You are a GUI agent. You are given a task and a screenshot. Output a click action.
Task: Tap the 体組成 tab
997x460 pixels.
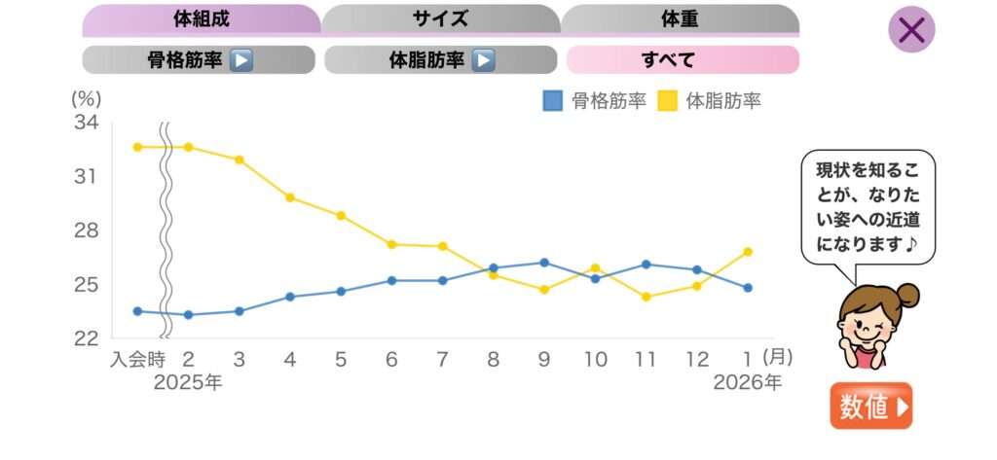tap(201, 18)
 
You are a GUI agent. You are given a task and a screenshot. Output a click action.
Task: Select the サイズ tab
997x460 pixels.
tap(440, 18)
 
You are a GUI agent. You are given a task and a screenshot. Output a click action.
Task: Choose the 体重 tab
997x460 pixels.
tap(680, 18)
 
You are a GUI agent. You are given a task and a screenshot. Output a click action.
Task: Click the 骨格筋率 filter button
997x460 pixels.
tap(199, 60)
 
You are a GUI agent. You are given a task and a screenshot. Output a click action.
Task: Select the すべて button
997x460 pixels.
tap(683, 60)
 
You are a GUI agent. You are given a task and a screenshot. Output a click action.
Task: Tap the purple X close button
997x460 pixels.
tap(911, 30)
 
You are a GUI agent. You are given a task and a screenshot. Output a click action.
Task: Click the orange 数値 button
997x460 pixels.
tap(871, 407)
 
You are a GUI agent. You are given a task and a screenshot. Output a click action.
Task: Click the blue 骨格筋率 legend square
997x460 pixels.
tap(553, 100)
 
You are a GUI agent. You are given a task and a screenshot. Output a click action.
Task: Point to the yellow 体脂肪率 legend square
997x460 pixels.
tap(669, 100)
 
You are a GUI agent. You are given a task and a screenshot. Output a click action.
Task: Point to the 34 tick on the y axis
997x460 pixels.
tap(86, 123)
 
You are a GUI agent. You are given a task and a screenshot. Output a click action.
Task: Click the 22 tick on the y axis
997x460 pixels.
tap(86, 338)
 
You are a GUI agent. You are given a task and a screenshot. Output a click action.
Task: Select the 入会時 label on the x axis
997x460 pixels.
tap(137, 360)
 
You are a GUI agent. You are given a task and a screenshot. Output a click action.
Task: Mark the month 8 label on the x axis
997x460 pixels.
tap(494, 360)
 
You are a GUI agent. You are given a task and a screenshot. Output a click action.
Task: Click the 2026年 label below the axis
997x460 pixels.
tap(747, 383)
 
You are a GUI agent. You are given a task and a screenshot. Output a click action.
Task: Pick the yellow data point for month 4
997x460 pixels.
tap(290, 197)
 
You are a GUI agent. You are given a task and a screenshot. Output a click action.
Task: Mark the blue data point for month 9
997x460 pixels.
tap(544, 263)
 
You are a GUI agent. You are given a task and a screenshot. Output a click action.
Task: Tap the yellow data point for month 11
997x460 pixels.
tap(646, 297)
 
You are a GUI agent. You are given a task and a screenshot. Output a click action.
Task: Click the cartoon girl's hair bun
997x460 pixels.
tap(907, 294)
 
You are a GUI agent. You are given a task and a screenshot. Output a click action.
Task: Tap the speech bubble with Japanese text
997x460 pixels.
tap(868, 205)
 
